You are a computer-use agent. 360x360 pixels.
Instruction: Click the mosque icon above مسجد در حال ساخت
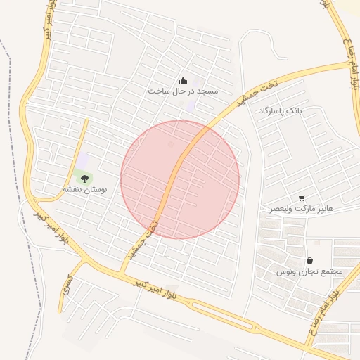point(184,80)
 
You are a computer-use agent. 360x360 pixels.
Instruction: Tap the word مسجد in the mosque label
point(207,91)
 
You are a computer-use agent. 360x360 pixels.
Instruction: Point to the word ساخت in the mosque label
point(157,91)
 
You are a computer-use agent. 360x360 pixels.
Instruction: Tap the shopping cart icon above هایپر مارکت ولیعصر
point(302,198)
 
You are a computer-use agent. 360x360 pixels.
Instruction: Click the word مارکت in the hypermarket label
point(304,209)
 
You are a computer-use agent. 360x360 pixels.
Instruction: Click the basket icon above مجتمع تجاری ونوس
point(309,261)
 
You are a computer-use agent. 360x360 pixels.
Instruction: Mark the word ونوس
point(283,271)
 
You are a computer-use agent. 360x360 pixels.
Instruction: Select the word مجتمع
point(330,271)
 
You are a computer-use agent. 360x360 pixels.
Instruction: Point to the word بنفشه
point(73,190)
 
